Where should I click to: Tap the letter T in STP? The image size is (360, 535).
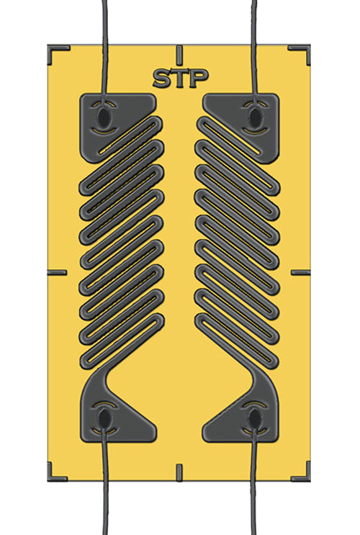(x=180, y=78)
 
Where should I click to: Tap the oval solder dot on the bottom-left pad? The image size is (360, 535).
(x=105, y=417)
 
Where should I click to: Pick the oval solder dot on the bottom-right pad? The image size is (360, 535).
(x=253, y=417)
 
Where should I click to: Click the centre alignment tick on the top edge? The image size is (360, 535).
(x=179, y=53)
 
